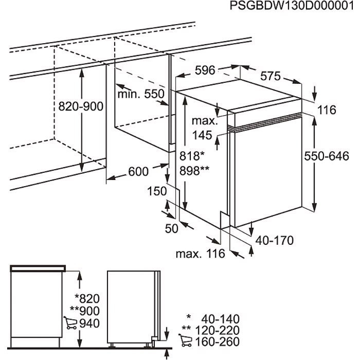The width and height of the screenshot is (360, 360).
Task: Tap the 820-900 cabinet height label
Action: pos(81,106)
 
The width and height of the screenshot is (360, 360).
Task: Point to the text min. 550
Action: pos(140,94)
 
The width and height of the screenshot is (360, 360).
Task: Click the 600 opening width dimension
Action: pos(138,171)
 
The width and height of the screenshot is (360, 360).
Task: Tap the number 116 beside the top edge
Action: pos(326,110)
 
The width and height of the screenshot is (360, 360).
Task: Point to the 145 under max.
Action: pos(202,135)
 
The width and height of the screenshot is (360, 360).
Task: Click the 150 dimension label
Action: pos(156,191)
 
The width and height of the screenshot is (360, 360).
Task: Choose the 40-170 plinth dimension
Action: pos(275,240)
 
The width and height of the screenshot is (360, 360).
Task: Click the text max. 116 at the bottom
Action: pos(200,254)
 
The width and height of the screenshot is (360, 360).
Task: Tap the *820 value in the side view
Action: pos(85,298)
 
